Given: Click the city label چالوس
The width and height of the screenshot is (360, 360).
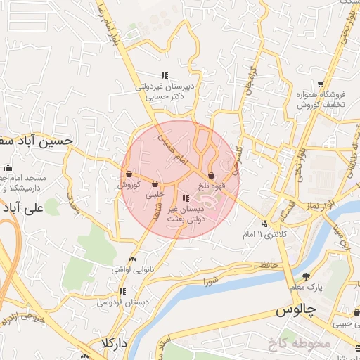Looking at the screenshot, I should [x=296, y=309].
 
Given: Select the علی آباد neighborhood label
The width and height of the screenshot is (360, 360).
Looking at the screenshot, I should [x=23, y=208].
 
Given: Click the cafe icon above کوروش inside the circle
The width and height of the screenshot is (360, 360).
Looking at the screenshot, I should [x=129, y=174].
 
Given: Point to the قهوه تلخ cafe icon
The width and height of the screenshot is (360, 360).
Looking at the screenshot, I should [x=211, y=176].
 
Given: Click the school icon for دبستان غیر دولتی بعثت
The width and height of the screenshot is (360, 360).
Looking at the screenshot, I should [x=186, y=199].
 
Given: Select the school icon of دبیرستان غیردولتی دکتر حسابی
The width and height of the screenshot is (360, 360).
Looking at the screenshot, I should [x=165, y=75].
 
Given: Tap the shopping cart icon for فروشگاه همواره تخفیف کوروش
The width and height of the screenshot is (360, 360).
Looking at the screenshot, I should [x=321, y=84].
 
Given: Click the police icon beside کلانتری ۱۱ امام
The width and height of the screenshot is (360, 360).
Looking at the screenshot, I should [x=264, y=224].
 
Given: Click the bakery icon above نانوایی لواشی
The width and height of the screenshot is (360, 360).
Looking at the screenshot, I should [x=132, y=259].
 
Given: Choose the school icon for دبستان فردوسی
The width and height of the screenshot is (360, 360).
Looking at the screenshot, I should [x=122, y=291].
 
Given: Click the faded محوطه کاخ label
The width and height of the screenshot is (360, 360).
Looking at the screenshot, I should [x=298, y=345].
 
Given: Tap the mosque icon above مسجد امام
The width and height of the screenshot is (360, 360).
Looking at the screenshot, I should [x=8, y=167].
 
